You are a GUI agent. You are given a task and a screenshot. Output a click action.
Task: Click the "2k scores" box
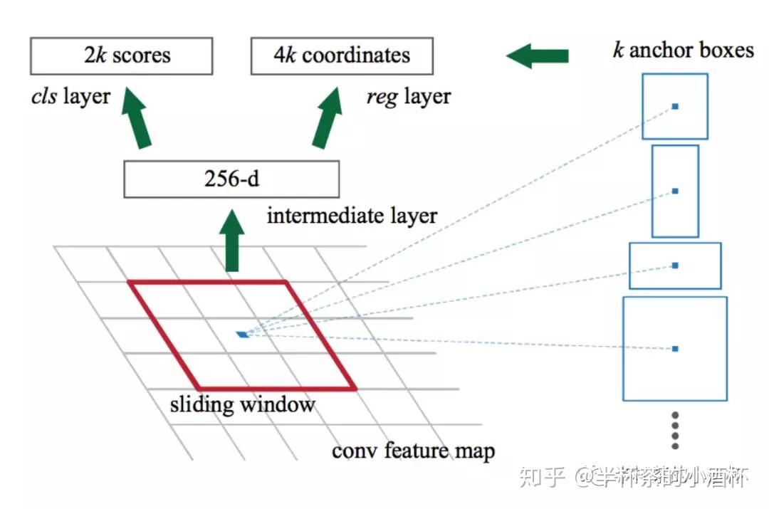(x=121, y=56)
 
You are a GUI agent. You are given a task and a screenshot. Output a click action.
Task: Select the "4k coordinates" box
(x=342, y=56)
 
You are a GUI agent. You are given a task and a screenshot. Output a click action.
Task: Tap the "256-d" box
(x=231, y=179)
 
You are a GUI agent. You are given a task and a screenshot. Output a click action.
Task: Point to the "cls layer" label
(x=70, y=97)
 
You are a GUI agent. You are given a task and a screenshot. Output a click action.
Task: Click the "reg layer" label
(x=408, y=97)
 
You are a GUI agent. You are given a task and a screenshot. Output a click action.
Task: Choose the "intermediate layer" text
(x=352, y=215)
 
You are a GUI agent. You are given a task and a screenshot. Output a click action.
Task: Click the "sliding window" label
(x=242, y=405)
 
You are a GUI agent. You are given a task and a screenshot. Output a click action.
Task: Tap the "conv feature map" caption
(x=413, y=451)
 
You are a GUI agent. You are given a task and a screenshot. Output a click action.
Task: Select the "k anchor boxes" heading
(x=683, y=50)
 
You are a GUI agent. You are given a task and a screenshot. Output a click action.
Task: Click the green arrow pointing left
(x=538, y=56)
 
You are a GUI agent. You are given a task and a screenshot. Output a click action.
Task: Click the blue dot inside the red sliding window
(x=244, y=334)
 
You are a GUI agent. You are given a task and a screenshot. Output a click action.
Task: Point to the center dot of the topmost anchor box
(x=675, y=107)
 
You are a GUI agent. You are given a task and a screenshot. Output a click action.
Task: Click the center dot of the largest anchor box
(x=675, y=349)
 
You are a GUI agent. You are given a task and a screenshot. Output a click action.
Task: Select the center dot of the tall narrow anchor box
(x=675, y=191)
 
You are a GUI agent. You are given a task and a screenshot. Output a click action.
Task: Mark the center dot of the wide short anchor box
(x=675, y=266)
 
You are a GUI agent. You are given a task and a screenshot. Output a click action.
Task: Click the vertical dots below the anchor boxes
(x=675, y=430)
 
